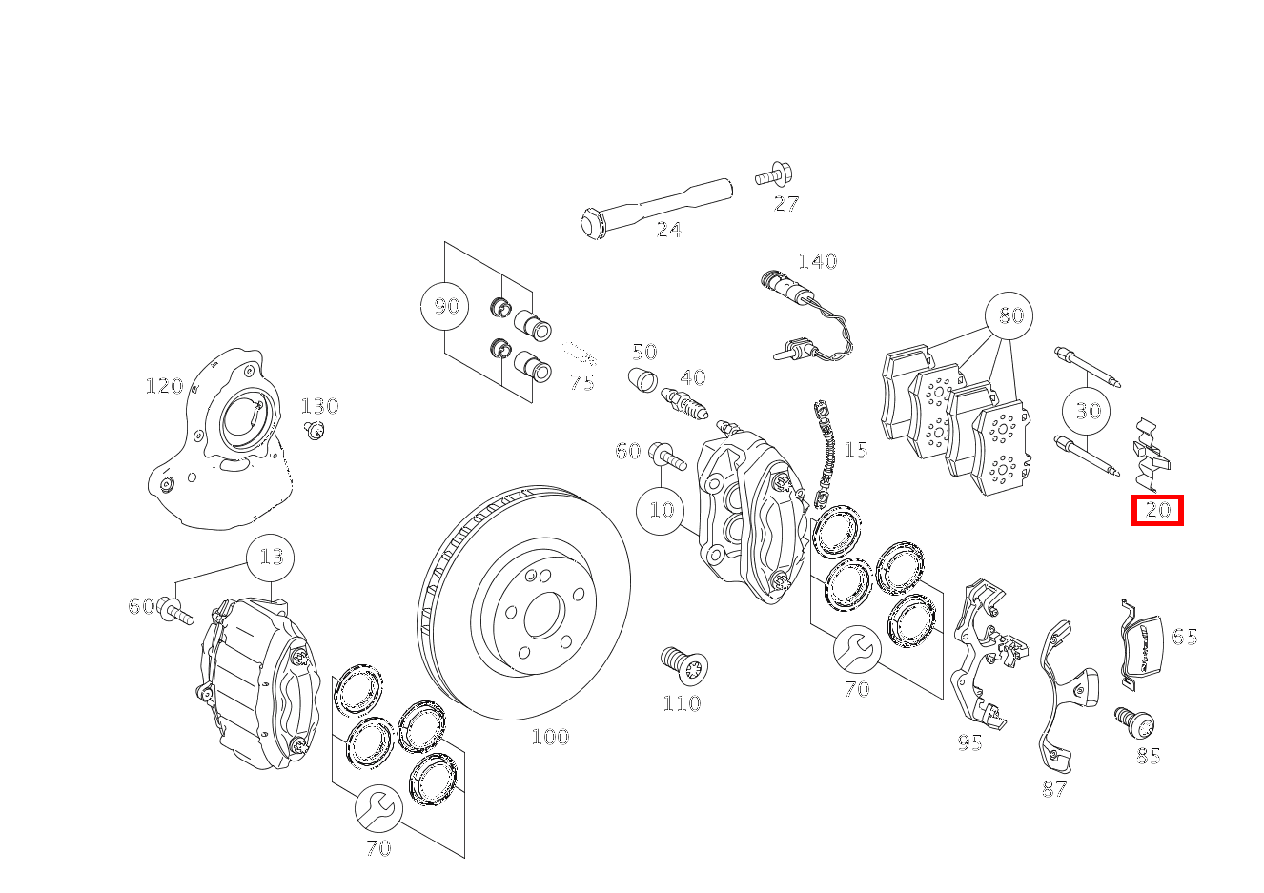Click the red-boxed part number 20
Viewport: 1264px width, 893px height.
(x=1157, y=510)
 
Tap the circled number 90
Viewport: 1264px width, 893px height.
(x=445, y=306)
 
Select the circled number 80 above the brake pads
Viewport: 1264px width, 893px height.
(x=1009, y=315)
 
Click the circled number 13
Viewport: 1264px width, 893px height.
(x=271, y=557)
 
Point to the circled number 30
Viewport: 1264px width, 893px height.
(x=1088, y=411)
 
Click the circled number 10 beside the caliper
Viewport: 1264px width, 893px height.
(x=661, y=509)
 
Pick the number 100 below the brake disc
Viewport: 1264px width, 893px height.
(x=550, y=737)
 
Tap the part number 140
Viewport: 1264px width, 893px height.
(x=817, y=261)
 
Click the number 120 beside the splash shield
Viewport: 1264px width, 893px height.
(x=163, y=386)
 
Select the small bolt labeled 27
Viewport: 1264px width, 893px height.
(x=771, y=175)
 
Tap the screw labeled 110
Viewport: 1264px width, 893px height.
(x=683, y=663)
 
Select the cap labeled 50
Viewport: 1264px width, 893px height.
(x=643, y=378)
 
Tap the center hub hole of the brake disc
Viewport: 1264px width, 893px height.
(x=543, y=615)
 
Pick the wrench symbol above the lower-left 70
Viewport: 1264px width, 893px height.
(x=378, y=809)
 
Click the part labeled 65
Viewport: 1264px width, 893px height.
(x=1139, y=643)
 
